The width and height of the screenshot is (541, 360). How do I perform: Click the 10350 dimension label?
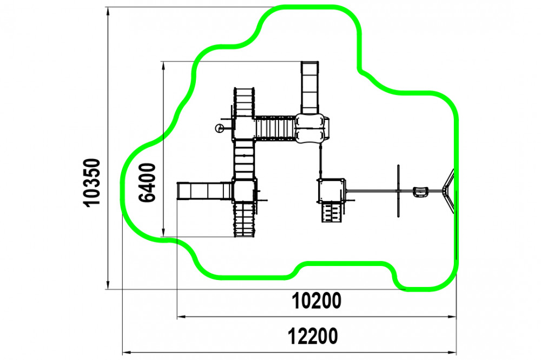92,182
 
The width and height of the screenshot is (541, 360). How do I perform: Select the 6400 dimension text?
147,182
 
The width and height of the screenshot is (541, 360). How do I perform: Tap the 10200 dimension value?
316,301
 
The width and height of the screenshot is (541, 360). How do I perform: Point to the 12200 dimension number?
313,336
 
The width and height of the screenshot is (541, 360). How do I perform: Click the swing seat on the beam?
420,192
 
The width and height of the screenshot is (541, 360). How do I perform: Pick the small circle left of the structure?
219,129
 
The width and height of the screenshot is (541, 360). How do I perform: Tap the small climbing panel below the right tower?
331,212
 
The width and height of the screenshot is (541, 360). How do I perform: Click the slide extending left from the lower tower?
204,191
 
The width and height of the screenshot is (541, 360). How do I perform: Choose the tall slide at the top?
309,88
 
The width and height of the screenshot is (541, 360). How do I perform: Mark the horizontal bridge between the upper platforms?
275,128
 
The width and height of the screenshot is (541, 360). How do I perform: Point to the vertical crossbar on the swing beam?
399,191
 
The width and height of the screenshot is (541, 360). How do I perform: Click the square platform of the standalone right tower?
331,191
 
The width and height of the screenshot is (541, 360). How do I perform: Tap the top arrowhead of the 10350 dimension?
108,11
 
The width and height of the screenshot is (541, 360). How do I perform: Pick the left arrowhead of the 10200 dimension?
181,317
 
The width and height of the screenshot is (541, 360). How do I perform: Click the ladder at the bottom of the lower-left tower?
245,219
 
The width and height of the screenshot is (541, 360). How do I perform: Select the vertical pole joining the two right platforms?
320,161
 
